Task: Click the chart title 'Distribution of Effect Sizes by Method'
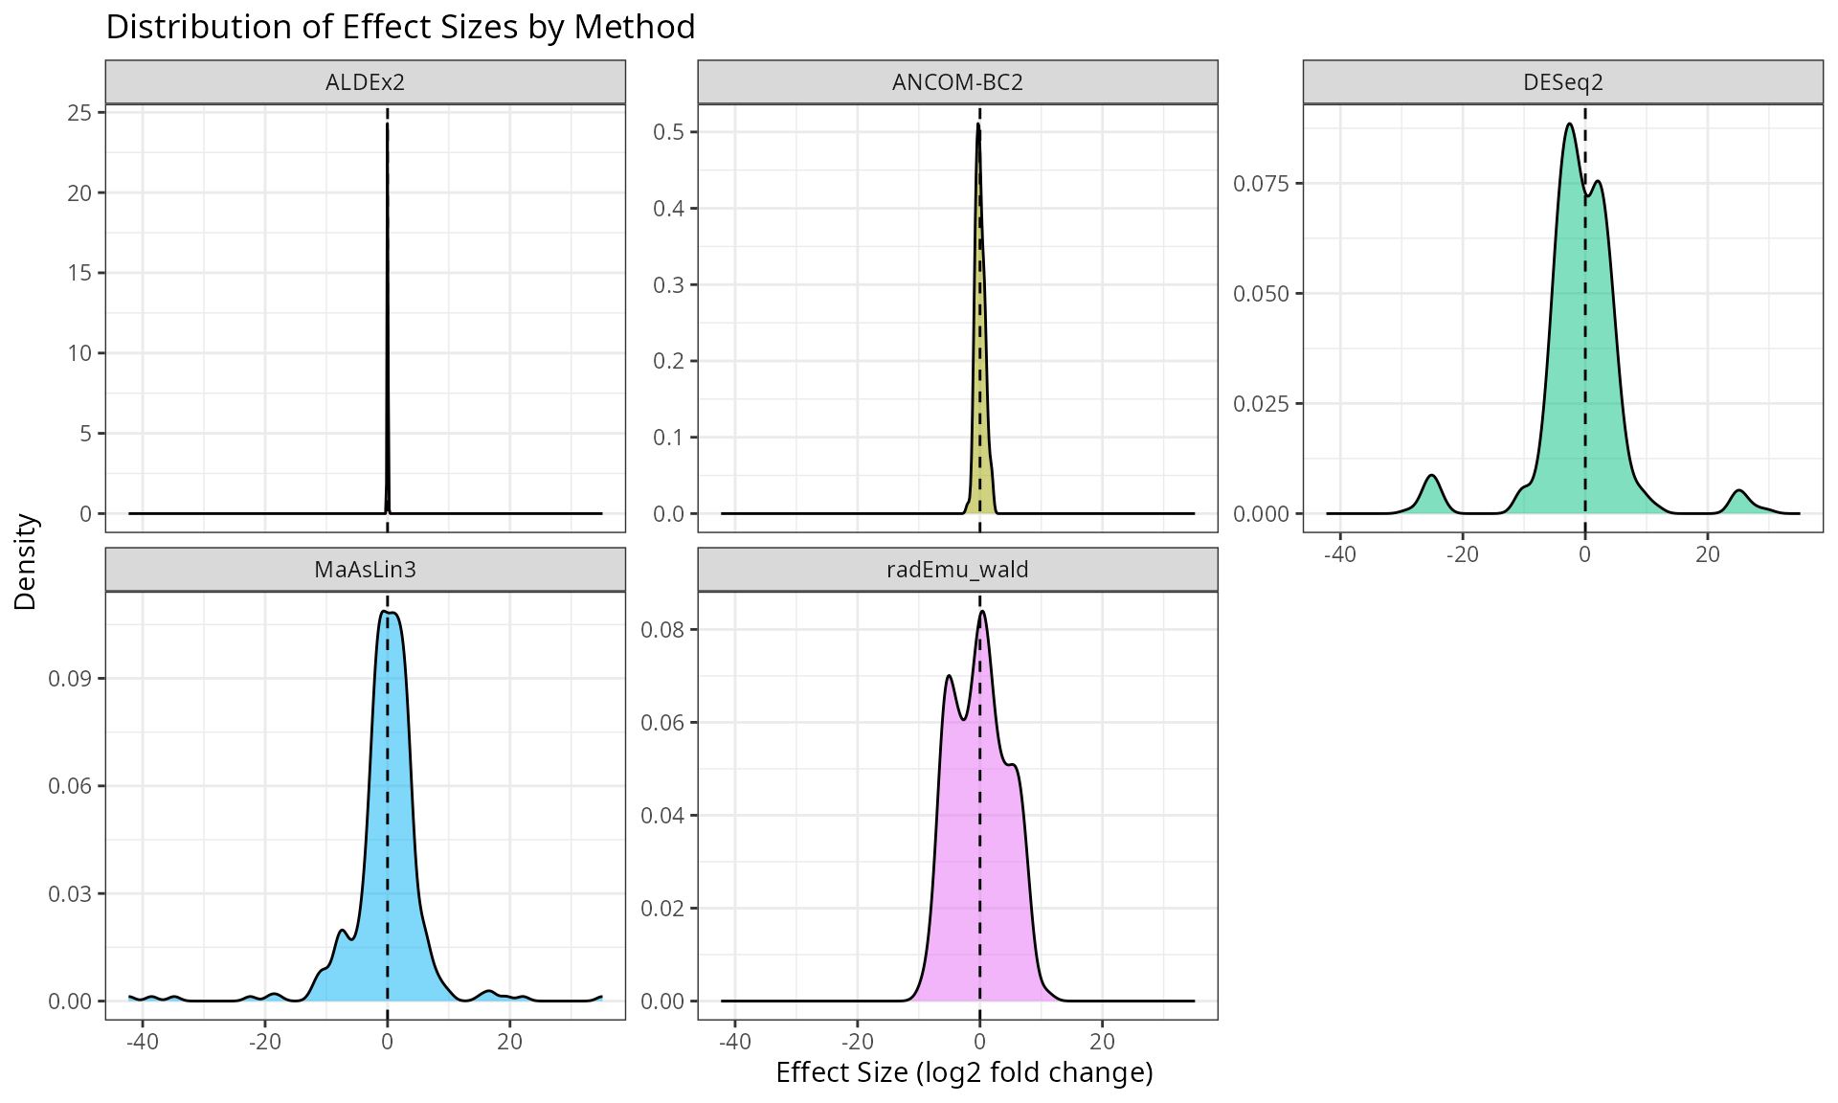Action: [400, 27]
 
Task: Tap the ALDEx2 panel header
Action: [365, 82]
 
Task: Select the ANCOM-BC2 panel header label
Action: [957, 82]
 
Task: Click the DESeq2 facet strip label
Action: [1562, 82]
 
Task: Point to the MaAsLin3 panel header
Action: [365, 570]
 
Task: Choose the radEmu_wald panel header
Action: [957, 570]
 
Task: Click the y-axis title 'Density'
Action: [26, 562]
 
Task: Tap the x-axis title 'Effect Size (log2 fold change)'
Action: [964, 1072]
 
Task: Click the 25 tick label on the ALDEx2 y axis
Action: [80, 113]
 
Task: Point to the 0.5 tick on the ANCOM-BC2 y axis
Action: [669, 132]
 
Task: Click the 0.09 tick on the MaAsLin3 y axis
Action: [70, 679]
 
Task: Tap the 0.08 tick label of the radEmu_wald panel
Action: [662, 630]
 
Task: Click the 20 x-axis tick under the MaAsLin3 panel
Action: [510, 1042]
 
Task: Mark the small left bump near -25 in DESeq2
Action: [1431, 476]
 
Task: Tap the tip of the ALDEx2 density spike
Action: [387, 124]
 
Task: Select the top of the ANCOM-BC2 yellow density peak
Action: [978, 124]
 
